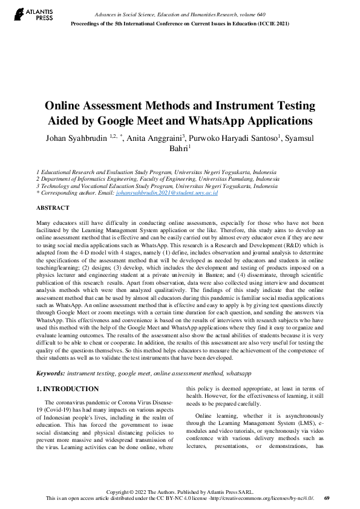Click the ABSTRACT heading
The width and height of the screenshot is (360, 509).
click(53, 207)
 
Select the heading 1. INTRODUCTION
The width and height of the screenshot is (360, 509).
click(68, 389)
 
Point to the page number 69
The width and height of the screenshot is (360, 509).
click(327, 498)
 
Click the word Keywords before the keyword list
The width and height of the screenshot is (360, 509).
click(51, 374)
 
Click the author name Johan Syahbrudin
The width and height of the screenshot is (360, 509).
click(77, 138)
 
